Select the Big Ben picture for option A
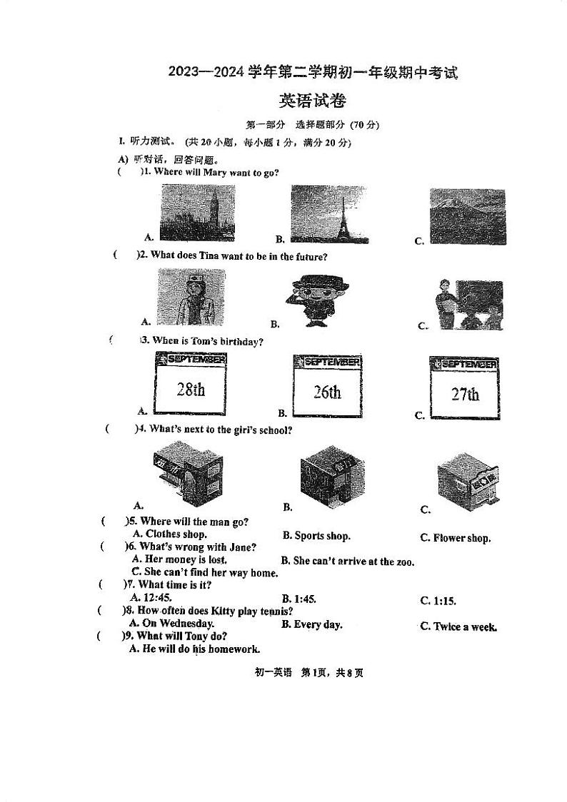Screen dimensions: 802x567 pyautogui.click(x=198, y=213)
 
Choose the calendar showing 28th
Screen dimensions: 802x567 pyautogui.click(x=190, y=385)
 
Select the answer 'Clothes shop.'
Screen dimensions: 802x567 pyautogui.click(x=170, y=534)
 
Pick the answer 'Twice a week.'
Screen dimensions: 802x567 pyautogui.click(x=458, y=626)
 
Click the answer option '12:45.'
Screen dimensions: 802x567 pyautogui.click(x=151, y=598)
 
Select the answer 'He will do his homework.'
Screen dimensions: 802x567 pyautogui.click(x=195, y=649)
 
